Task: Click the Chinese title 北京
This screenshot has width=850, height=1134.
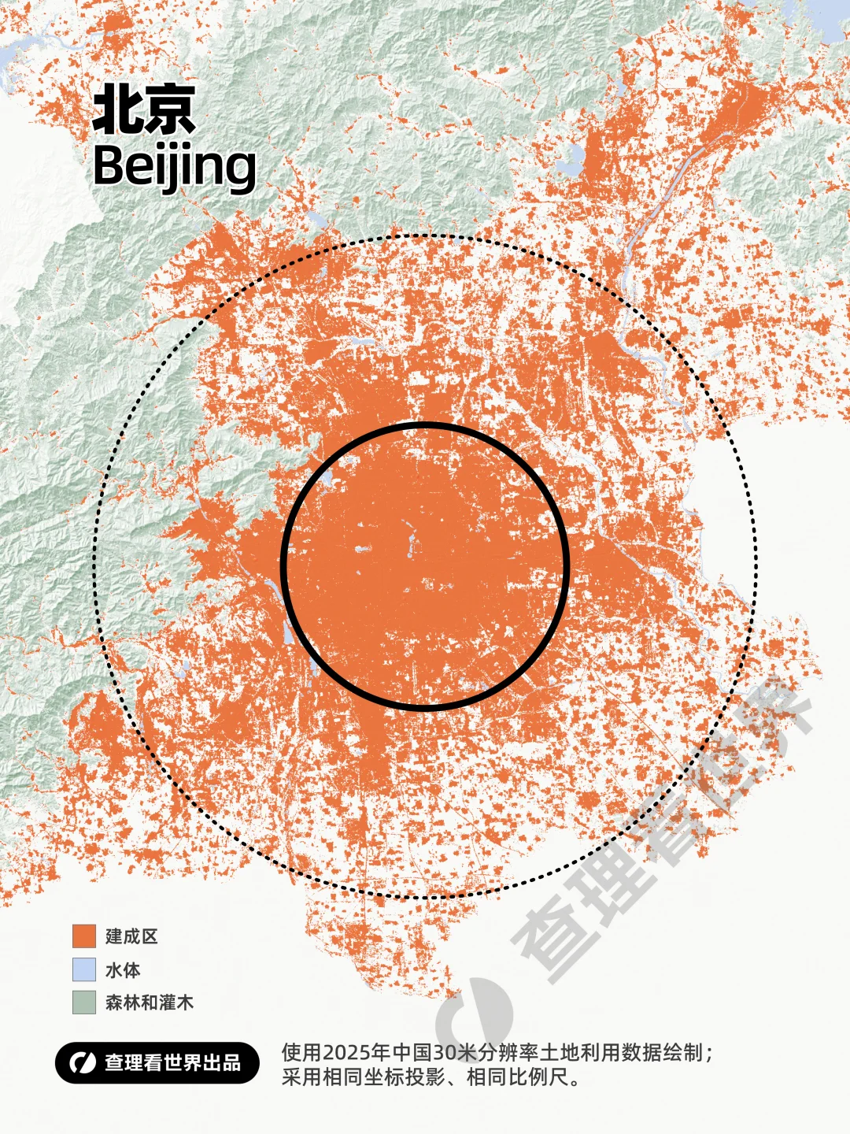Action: click(x=144, y=110)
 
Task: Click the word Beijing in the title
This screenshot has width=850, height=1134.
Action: click(x=174, y=166)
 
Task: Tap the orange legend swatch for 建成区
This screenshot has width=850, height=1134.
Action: click(x=84, y=936)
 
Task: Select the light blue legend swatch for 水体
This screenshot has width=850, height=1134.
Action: click(x=84, y=969)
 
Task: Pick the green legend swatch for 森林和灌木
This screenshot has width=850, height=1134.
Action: click(x=84, y=1002)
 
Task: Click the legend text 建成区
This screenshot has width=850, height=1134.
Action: click(x=132, y=936)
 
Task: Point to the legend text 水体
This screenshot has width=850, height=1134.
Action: click(x=123, y=969)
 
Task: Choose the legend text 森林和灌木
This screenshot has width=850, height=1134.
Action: click(x=150, y=1002)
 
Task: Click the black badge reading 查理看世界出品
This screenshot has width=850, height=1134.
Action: click(x=157, y=1063)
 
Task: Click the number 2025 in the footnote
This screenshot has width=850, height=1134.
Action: click(x=347, y=1053)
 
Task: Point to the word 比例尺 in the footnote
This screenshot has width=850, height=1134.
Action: click(x=539, y=1077)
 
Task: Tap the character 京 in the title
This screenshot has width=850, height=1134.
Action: click(x=170, y=110)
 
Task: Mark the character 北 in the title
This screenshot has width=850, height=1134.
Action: click(x=117, y=110)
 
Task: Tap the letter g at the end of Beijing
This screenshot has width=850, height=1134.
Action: click(x=239, y=170)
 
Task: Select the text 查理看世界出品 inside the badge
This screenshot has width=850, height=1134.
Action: click(x=173, y=1063)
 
